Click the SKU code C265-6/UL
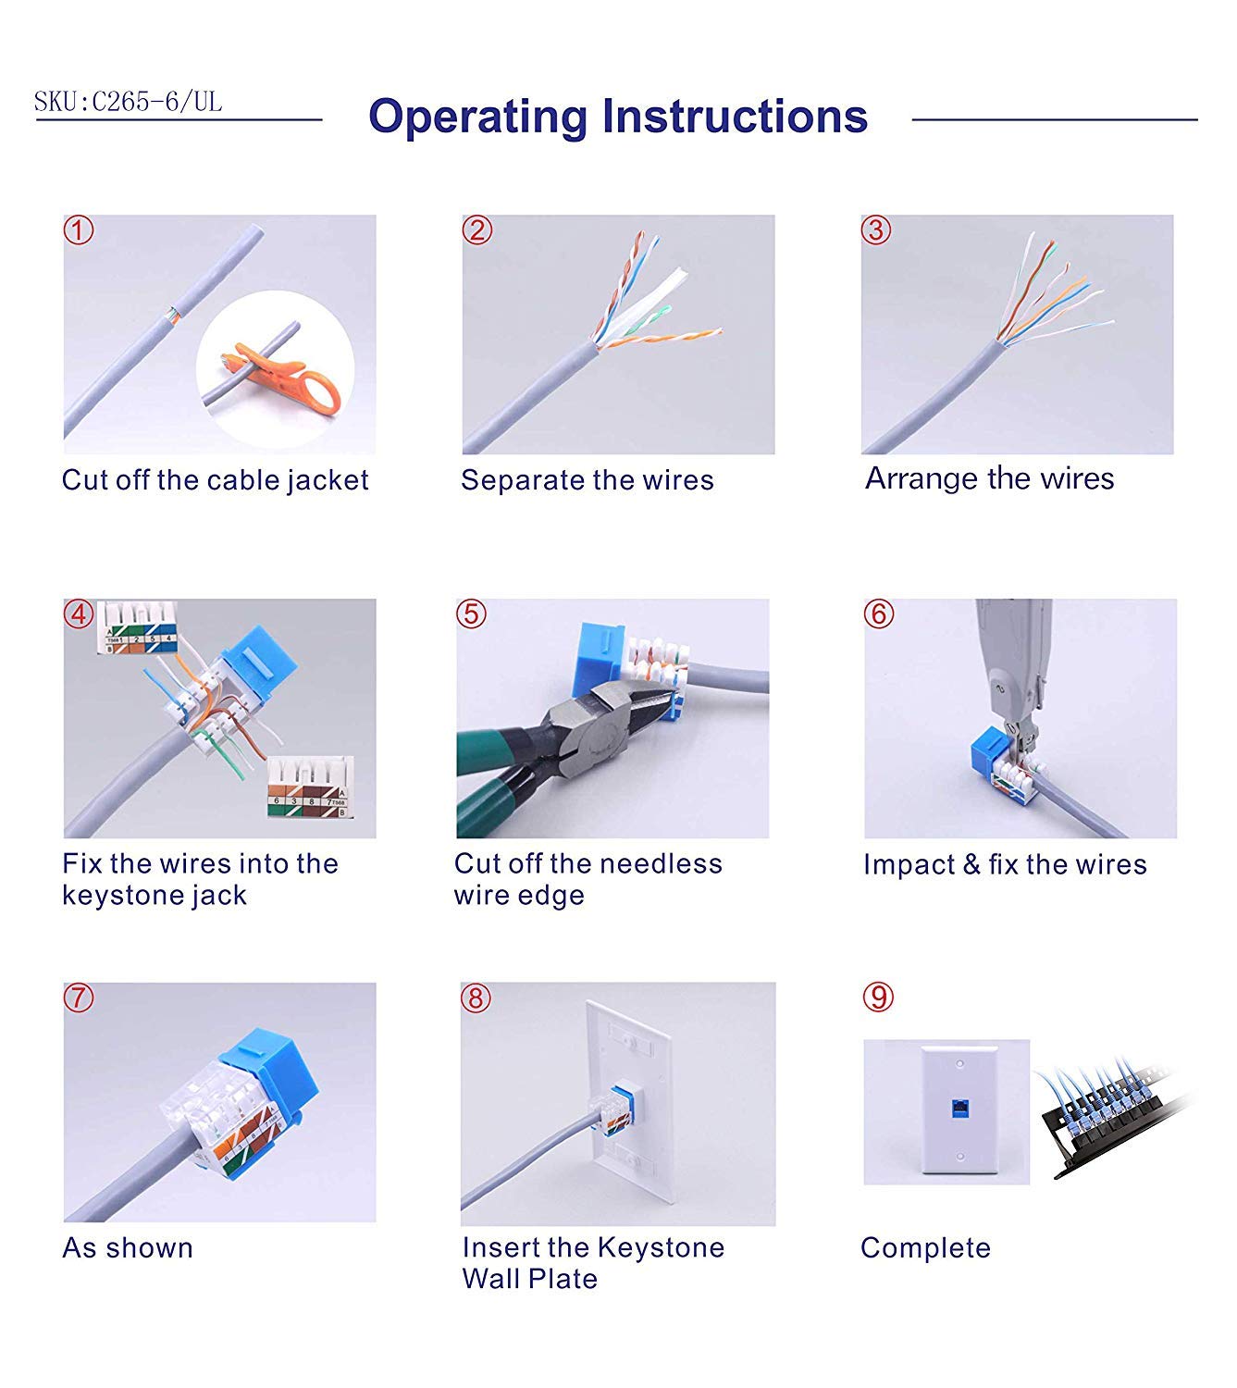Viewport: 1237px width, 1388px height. (157, 102)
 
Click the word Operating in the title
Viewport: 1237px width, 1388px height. (477, 117)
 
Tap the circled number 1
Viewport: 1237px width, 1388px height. (79, 230)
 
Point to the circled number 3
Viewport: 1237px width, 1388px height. (876, 230)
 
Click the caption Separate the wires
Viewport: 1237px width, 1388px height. (587, 479)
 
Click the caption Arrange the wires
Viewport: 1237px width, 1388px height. (989, 478)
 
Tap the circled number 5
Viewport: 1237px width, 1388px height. (471, 613)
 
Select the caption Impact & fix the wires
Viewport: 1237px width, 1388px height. (1005, 864)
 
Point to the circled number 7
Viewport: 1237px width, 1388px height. (78, 998)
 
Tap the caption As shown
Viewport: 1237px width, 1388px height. (128, 1248)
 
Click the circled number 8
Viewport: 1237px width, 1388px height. (476, 998)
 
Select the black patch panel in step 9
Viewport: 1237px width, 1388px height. (1109, 1118)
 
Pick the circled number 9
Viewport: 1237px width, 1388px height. (878, 998)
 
